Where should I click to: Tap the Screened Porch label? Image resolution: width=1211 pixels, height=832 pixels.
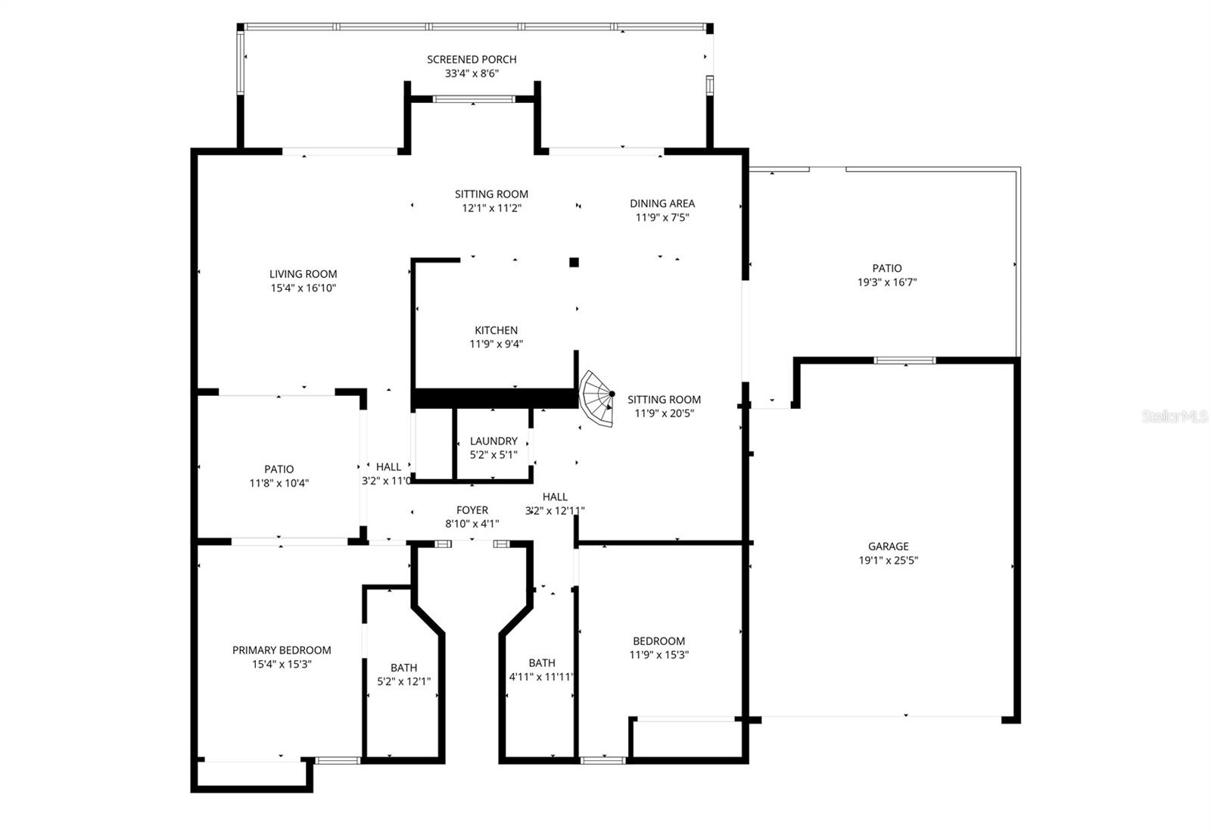pos(472,59)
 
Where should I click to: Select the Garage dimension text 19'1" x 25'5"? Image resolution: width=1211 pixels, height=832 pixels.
pos(888,560)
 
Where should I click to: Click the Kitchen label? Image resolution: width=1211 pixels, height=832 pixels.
pos(496,330)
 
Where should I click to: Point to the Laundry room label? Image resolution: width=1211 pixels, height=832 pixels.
pos(493,441)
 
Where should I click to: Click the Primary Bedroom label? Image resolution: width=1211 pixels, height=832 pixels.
pos(282,650)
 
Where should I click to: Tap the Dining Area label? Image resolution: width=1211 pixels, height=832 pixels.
pos(662,203)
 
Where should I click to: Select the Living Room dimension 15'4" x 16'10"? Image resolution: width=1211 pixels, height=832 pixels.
pos(303,288)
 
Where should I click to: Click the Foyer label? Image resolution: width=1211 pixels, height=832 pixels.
pos(472,510)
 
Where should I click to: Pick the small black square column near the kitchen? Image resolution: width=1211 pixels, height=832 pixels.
pos(574,263)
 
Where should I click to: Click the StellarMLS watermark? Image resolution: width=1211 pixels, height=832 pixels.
pos(1174,416)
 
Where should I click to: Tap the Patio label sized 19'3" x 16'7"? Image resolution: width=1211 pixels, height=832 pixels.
pos(887,268)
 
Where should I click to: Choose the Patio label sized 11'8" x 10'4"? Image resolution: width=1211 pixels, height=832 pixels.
pos(279,469)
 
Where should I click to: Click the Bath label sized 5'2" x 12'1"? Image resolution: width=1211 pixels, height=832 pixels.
pos(403,668)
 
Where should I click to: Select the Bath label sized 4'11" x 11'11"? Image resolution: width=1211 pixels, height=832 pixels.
pos(542,662)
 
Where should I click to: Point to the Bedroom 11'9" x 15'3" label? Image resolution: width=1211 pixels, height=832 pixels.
pos(658,640)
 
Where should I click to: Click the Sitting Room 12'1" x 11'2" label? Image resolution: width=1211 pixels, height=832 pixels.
pos(491,194)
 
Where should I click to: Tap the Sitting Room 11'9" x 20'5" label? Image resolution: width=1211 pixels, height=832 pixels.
pos(664,399)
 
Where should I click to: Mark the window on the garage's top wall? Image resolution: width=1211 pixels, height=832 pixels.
pos(904,360)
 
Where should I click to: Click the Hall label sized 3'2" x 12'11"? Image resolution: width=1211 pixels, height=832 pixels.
pos(555,497)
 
